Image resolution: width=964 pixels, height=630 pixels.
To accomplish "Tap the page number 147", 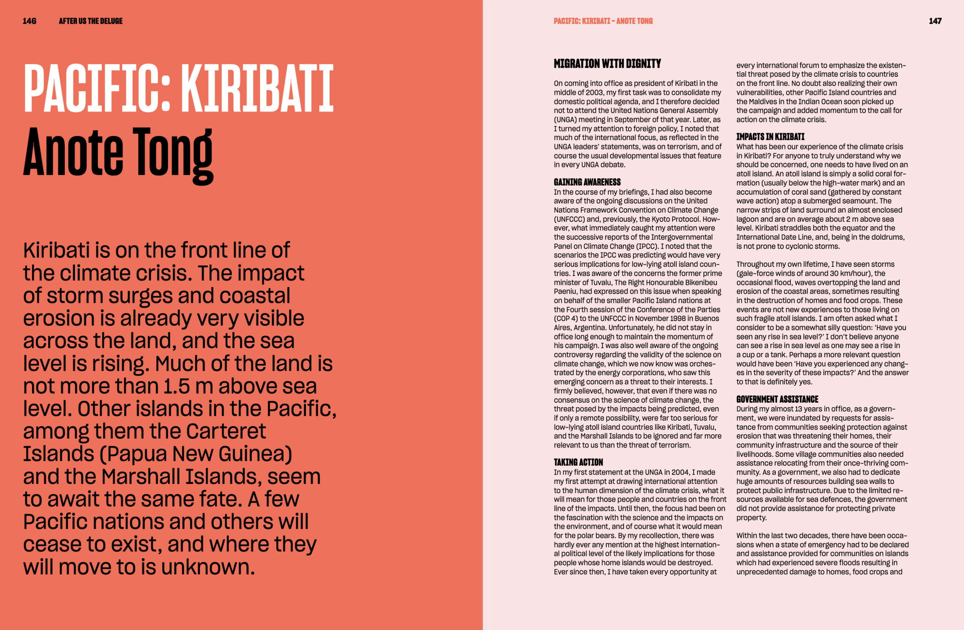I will click(x=935, y=21).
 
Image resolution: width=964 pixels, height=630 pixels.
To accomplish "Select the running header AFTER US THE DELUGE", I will click(x=91, y=21).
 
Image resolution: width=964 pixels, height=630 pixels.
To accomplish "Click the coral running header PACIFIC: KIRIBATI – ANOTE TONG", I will click(x=603, y=21).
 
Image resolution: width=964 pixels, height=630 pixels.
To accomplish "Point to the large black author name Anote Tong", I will click(x=118, y=154).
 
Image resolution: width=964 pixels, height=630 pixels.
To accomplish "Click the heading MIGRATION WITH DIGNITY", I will click(x=607, y=64).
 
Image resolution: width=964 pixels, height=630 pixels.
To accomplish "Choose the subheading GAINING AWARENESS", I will click(x=587, y=182).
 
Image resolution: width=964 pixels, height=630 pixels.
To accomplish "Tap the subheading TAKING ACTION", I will click(x=578, y=463).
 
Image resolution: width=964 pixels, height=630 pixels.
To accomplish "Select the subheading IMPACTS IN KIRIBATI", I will click(x=770, y=137).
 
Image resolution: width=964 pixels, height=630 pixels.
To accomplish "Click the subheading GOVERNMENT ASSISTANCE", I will click(x=777, y=399).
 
